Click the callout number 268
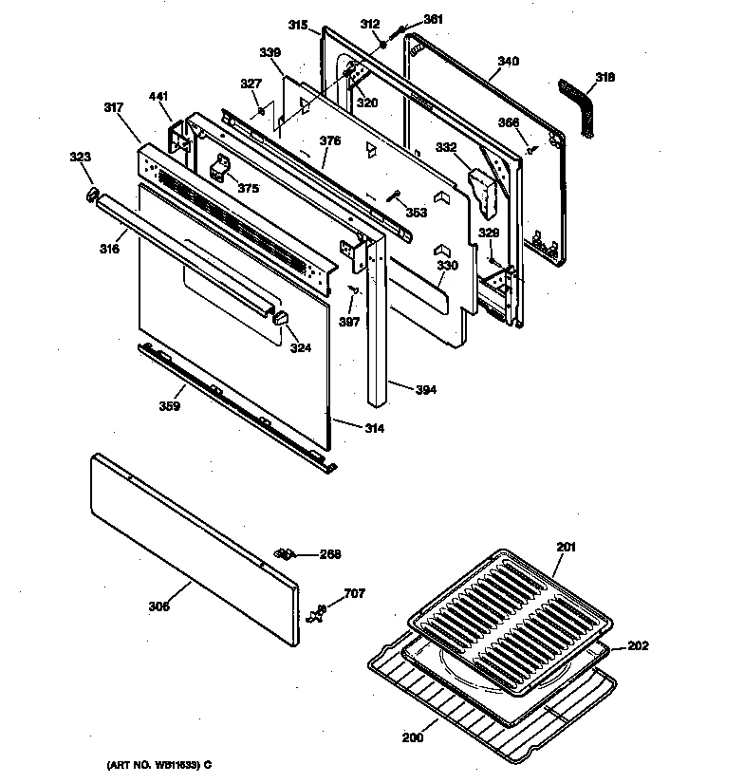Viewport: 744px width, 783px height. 329,555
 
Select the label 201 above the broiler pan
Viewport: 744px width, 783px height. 566,547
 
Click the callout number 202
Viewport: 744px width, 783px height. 638,647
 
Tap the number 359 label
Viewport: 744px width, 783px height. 170,406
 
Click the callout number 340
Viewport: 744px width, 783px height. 508,62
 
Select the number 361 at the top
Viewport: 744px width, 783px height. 433,20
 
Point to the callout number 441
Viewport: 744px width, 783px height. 158,98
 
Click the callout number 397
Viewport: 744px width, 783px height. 349,322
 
